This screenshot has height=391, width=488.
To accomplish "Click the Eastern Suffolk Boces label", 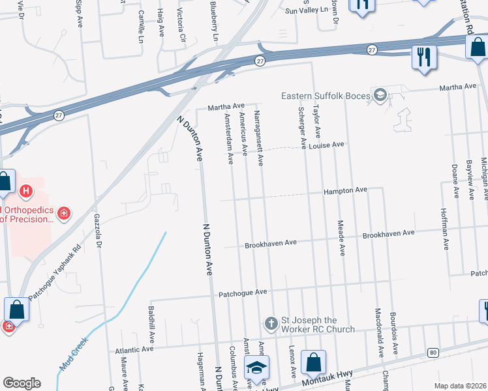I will click(x=324, y=96).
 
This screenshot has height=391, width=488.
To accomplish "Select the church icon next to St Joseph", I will click(x=271, y=323).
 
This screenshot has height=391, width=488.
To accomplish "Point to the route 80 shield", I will click(x=433, y=353).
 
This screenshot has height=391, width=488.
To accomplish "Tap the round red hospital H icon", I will click(x=26, y=192).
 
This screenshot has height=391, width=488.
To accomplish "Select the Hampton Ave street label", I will click(x=346, y=190).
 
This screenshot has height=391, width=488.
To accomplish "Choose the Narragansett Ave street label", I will click(x=259, y=138).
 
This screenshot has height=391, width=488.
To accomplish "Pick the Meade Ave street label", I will click(x=341, y=237).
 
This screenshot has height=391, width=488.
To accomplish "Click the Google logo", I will click(x=22, y=383).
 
